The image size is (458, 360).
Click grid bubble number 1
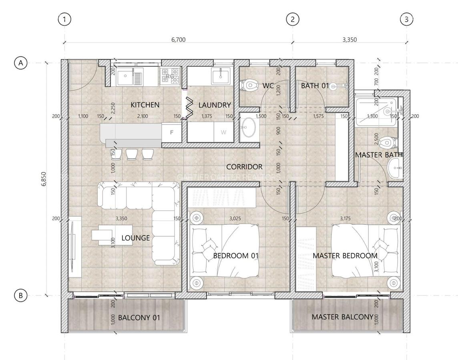click(64, 19)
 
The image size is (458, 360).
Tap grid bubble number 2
click(293, 19)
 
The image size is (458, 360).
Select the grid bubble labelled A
click(20, 63)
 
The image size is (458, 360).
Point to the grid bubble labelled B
click(20, 296)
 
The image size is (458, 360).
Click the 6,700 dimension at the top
click(178, 40)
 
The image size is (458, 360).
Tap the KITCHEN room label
click(145, 105)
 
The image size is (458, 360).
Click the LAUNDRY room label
click(215, 105)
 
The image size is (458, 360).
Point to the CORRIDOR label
click(244, 167)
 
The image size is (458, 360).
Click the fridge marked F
click(172, 132)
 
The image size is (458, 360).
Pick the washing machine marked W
click(223, 132)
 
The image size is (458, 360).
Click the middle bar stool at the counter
click(132, 154)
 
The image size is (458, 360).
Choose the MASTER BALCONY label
click(342, 317)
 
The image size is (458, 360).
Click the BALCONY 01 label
click(139, 318)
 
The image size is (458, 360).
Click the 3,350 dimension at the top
click(349, 40)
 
